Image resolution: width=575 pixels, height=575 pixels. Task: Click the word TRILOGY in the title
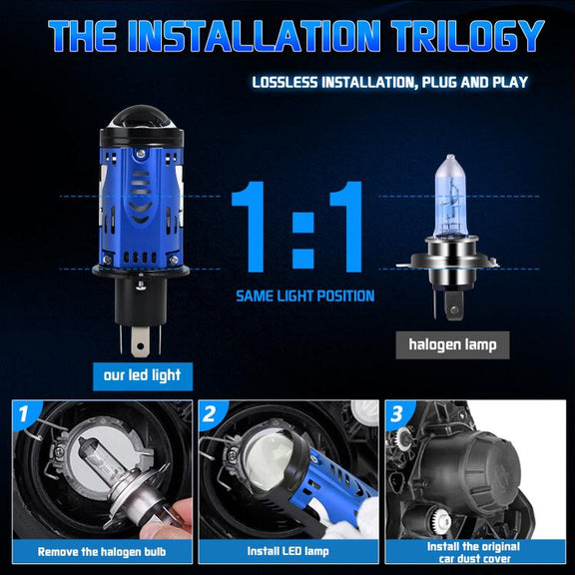point(468,36)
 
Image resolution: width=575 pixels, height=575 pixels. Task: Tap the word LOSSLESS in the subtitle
point(285,82)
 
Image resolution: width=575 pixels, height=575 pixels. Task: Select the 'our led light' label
point(143,376)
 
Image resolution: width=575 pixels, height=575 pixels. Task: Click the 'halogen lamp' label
point(452,344)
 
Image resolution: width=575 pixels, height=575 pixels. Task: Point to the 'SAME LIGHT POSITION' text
point(305,295)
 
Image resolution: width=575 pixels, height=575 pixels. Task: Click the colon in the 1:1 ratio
point(303,241)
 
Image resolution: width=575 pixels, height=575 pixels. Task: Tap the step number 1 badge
point(24,413)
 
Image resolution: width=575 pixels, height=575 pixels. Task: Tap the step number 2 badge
point(210,414)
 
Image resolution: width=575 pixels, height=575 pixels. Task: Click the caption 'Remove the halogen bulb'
point(102,551)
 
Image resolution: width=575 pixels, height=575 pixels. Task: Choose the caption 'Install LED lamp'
point(287,551)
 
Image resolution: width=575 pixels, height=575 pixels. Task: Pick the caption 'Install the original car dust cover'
point(473,553)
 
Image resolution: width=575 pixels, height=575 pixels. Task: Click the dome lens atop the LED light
point(141,118)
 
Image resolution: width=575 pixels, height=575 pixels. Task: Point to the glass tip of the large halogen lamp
point(450,161)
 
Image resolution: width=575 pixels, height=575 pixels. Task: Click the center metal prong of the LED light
point(140,341)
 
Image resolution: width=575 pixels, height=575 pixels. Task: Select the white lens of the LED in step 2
point(270,459)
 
